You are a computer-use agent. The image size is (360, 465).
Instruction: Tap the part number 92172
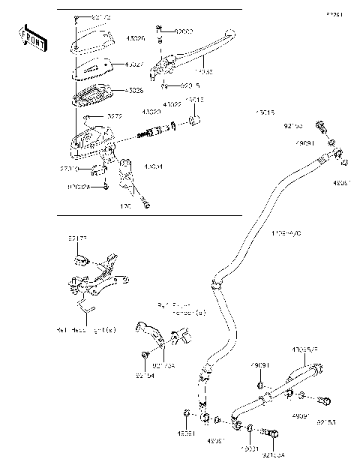click(100, 16)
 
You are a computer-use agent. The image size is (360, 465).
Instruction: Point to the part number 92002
click(184, 31)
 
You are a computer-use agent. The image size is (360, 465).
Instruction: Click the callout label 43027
click(136, 65)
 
